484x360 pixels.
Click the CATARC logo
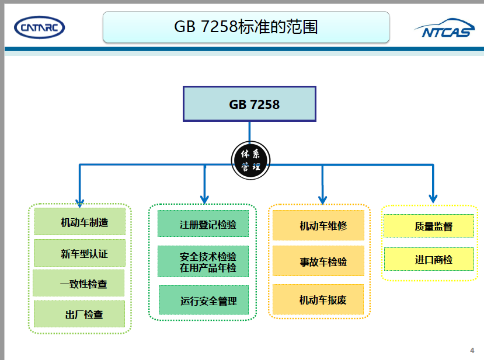click(x=39, y=27)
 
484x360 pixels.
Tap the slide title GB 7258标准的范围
click(x=246, y=27)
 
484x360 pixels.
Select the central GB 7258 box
click(x=249, y=104)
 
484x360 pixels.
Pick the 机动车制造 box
click(x=80, y=222)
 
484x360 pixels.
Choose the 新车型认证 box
click(x=80, y=253)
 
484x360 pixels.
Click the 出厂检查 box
click(x=79, y=314)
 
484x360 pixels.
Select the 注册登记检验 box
click(x=205, y=223)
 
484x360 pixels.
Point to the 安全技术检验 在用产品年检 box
click(x=205, y=261)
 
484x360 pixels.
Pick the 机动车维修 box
click(x=318, y=225)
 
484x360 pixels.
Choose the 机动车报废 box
click(x=318, y=299)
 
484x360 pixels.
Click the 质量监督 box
click(x=429, y=226)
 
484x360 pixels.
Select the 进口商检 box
click(x=429, y=259)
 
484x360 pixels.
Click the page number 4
click(x=472, y=350)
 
